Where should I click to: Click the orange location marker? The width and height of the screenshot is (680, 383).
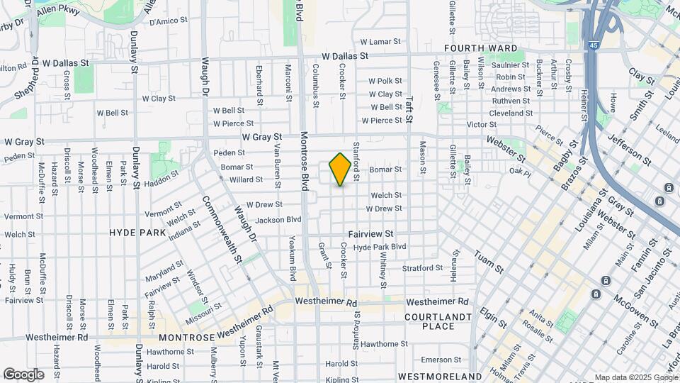point(340,169)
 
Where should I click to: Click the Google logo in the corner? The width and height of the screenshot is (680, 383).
point(23,374)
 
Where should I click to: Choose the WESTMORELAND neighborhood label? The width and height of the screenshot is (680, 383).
point(440,375)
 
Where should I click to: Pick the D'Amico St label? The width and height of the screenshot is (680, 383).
point(166,22)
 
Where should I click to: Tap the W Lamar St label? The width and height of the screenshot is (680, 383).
point(381,42)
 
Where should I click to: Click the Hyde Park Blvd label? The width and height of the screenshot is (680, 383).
point(380,247)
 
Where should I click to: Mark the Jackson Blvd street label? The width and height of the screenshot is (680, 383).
point(278,220)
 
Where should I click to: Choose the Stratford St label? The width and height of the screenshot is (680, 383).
point(422,268)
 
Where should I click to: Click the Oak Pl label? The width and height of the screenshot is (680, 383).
point(519,171)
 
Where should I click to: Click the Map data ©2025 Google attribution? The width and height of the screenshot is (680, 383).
point(635,377)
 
